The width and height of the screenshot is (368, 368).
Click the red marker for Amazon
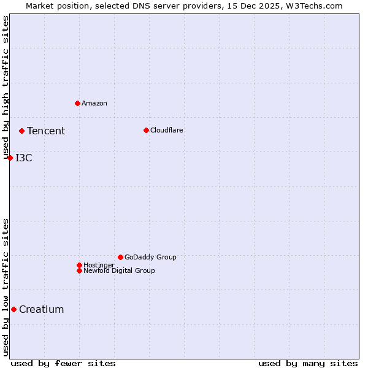tap(77, 103)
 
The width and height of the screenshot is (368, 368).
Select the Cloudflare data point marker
tap(146, 130)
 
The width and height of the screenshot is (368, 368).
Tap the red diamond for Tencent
tap(21, 131)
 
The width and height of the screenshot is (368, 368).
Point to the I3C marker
tap(10, 158)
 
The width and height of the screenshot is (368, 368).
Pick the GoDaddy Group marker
tap(120, 257)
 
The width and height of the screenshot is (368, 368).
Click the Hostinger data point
tap(79, 265)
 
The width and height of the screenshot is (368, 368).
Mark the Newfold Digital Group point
tap(79, 270)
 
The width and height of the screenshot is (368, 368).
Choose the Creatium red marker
tap(13, 309)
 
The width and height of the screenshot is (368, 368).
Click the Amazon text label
tap(94, 103)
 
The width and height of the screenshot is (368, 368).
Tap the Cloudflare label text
tap(167, 130)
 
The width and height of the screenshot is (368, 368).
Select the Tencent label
tap(46, 131)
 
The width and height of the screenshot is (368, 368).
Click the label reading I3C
tap(24, 158)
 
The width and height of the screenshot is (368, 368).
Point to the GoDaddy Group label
tap(150, 257)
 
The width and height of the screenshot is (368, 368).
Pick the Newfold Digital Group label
tap(119, 270)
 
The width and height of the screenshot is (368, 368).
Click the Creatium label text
tap(42, 309)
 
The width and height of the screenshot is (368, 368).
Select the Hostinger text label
tap(99, 265)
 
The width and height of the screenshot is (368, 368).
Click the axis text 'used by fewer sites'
tap(63, 363)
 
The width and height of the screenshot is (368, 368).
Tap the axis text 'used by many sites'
tap(308, 363)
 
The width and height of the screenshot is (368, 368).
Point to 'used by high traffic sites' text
tap(6, 88)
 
